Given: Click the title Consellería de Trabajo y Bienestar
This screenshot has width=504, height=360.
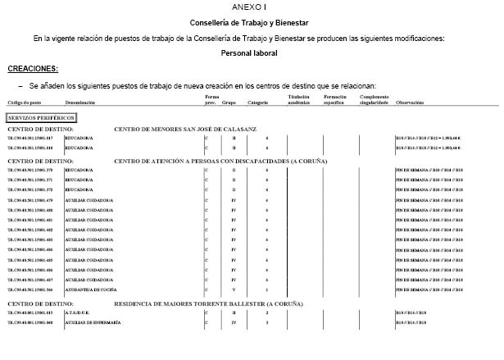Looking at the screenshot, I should point(254,22).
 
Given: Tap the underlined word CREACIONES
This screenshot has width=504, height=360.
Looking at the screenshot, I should point(33,69).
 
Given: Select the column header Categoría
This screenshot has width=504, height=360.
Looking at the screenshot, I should point(258,103).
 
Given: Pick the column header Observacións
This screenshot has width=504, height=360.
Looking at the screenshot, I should point(410,103).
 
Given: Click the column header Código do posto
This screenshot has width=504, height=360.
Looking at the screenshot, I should point(24,103).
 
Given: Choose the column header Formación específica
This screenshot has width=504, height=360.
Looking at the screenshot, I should point(338,100).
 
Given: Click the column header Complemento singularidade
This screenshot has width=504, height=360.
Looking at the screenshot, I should point(374,100).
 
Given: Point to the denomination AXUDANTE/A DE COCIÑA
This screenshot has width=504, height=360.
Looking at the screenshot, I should point(91,289).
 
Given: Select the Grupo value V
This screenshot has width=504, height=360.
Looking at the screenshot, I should point(234,289).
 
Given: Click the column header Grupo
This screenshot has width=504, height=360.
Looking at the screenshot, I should point(229,103).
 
